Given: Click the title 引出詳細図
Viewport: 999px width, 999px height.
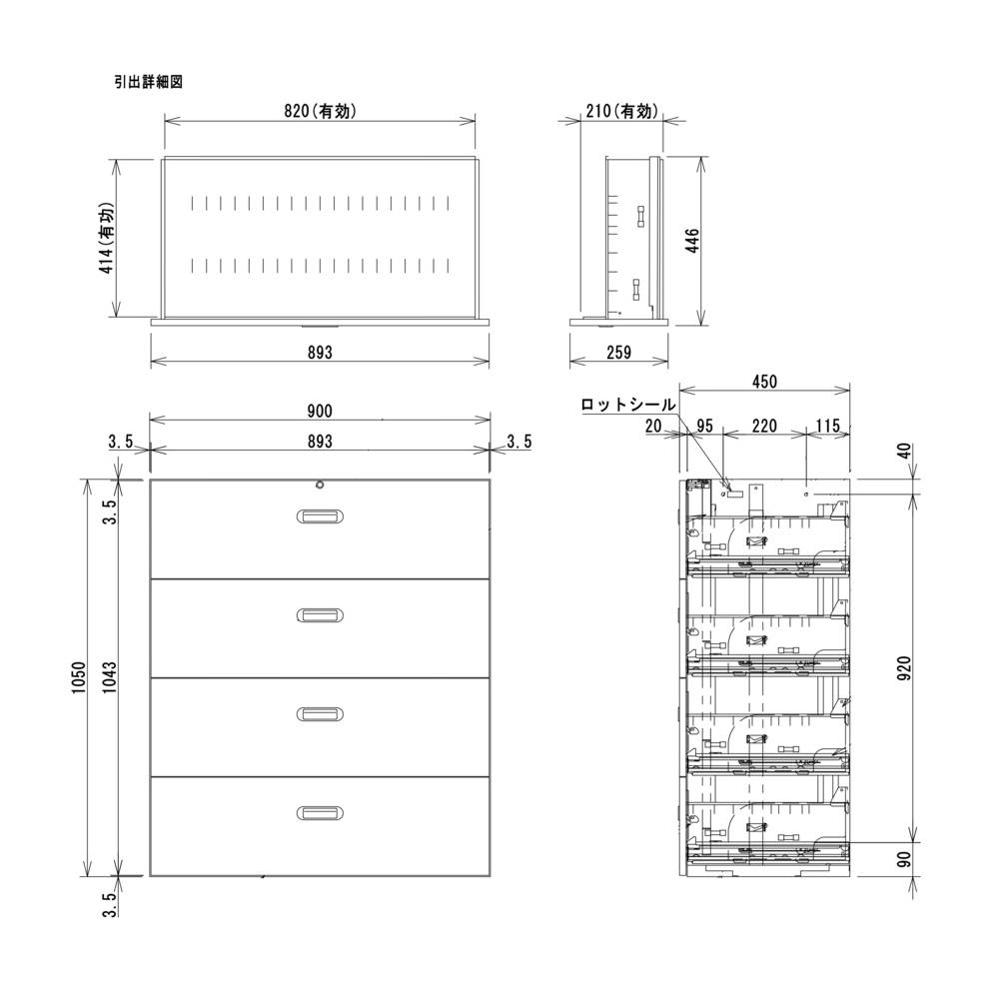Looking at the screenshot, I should click(148, 83).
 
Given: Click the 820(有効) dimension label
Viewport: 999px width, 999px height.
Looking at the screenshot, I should click(319, 112).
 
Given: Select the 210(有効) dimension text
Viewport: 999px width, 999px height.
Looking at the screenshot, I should click(621, 112).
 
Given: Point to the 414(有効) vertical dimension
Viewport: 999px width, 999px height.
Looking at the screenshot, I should click(107, 240).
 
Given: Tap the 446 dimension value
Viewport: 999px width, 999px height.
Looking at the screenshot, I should click(692, 240).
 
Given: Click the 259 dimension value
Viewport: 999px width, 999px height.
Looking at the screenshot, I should click(619, 353).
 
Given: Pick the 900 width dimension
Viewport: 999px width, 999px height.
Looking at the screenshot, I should click(320, 411).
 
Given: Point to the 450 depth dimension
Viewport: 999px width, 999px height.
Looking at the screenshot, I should click(764, 381).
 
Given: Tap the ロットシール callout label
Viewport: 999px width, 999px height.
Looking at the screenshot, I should click(628, 405).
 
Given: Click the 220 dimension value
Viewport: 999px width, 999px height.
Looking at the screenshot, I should click(764, 427).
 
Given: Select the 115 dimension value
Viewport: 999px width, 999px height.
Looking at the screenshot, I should click(828, 427).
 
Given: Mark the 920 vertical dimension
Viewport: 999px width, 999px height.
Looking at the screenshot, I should click(904, 666).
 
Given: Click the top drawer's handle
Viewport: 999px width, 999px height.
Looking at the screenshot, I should click(320, 515).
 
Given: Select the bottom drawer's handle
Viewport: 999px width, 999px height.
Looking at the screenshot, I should click(320, 813).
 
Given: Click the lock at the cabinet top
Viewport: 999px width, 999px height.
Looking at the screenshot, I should click(320, 486).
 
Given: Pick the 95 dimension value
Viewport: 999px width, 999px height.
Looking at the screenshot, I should click(705, 427).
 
